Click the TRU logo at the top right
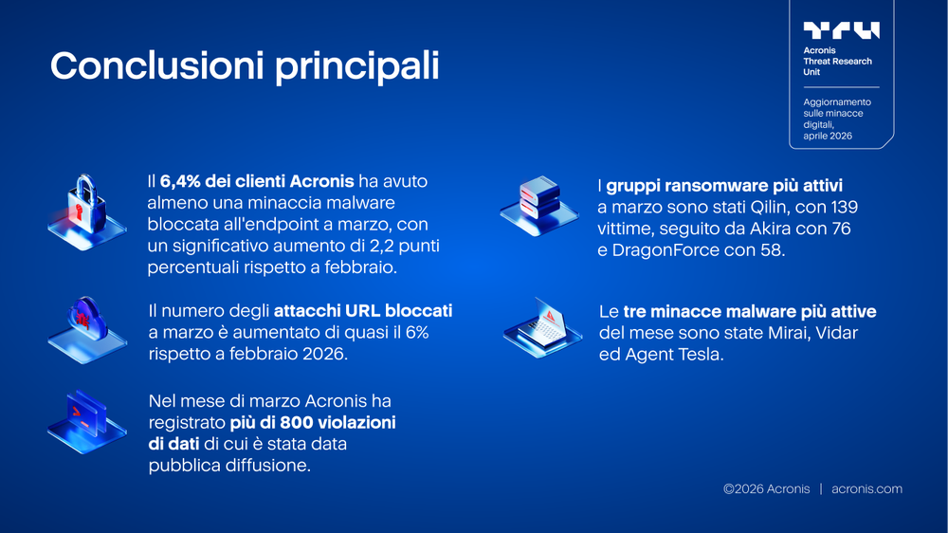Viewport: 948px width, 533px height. tap(841, 30)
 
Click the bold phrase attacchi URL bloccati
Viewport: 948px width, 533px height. tap(363, 310)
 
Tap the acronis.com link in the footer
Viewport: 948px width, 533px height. tap(866, 489)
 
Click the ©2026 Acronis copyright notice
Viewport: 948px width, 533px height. tap(766, 489)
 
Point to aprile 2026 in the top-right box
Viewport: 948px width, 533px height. tap(828, 136)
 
